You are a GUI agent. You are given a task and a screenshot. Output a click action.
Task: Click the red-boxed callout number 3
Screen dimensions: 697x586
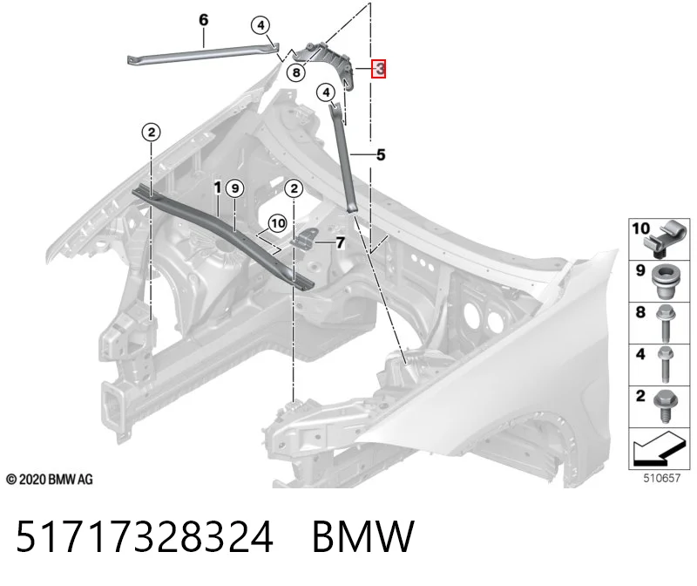point(379,69)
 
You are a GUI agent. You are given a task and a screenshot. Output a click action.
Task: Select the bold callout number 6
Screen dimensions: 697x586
point(203,19)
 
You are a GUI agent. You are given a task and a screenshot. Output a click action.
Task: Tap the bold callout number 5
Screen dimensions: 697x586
point(381,155)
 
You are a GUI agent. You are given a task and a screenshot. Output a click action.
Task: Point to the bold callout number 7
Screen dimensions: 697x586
point(340,243)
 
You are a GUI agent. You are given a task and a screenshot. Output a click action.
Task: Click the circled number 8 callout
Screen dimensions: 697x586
point(296,72)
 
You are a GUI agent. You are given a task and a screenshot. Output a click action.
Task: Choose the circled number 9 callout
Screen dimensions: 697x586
point(235,188)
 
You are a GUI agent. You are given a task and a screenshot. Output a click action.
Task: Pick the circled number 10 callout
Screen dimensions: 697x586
point(278,223)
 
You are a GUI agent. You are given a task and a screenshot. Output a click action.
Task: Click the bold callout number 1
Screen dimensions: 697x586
point(217,187)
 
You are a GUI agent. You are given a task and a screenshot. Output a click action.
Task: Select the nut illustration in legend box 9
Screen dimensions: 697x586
point(664,282)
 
